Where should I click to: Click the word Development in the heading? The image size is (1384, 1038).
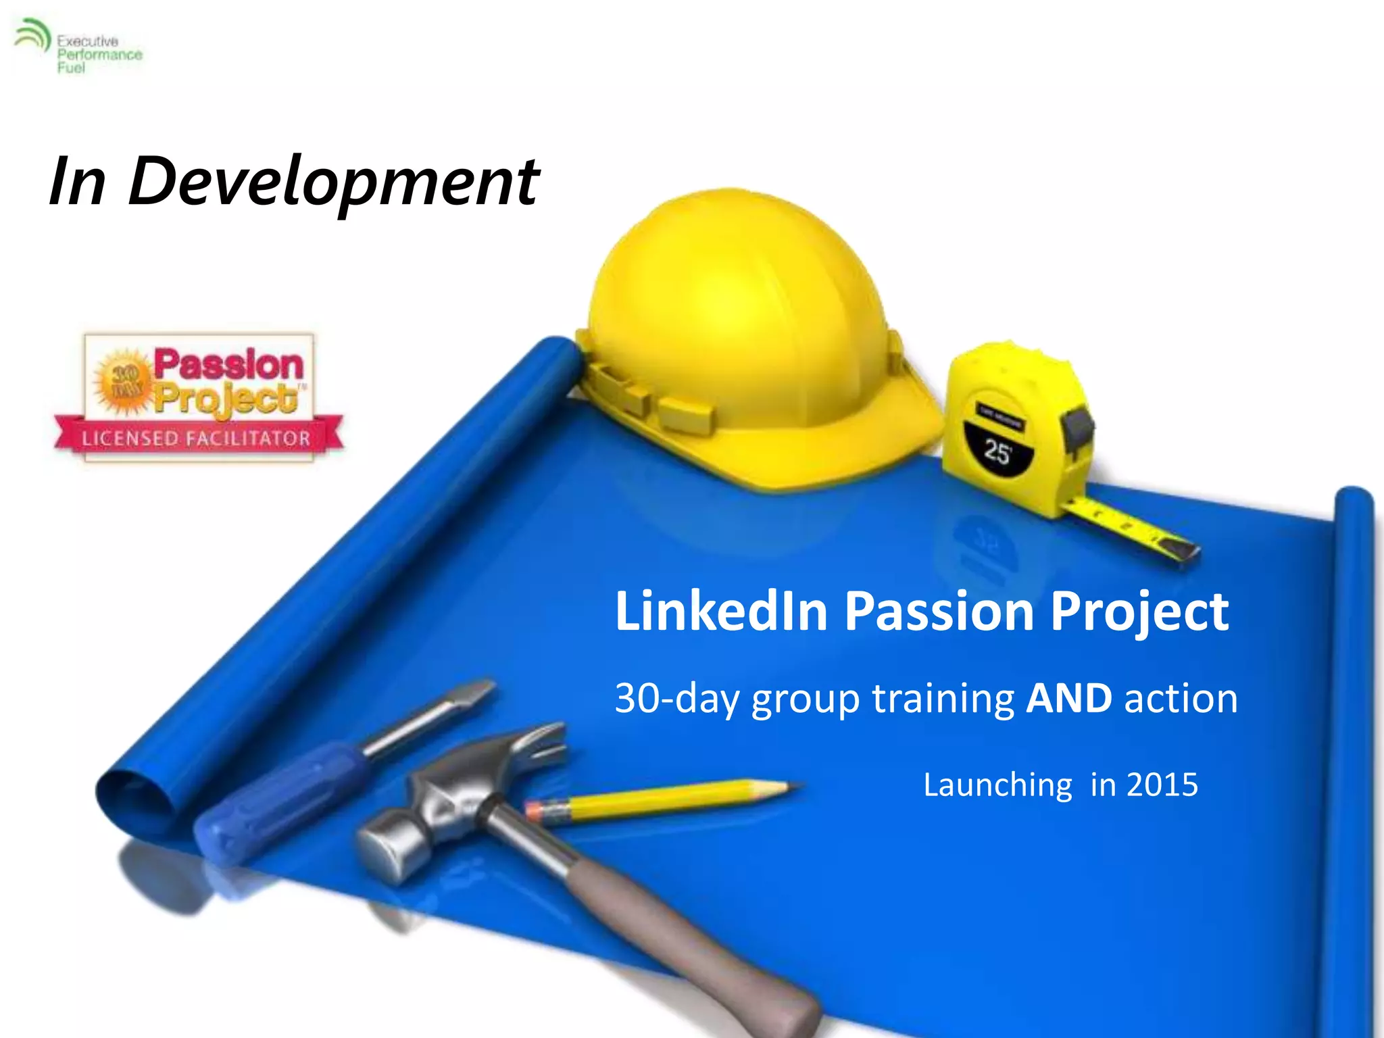click(x=334, y=181)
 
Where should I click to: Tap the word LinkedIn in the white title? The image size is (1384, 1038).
click(x=721, y=611)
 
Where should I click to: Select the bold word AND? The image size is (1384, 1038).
click(x=1068, y=698)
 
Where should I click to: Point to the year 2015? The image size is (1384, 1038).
click(x=1162, y=785)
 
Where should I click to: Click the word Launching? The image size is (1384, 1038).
click(x=997, y=785)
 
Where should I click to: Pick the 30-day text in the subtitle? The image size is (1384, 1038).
click(x=676, y=698)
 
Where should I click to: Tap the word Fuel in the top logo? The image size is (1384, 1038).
click(x=71, y=68)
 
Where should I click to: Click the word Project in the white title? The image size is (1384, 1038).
click(x=1139, y=611)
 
